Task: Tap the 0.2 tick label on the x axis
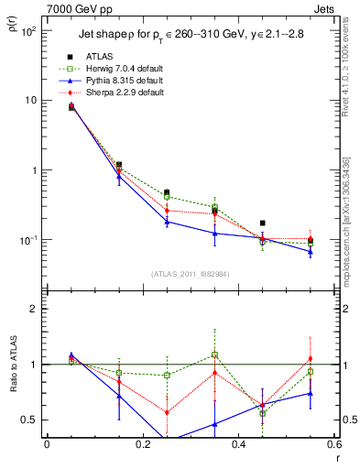142,444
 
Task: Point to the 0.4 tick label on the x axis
238,444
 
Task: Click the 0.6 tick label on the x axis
333,444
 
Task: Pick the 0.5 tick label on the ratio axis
30,420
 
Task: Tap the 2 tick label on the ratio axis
35,309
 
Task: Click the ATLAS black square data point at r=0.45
263,223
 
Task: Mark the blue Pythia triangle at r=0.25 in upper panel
167,222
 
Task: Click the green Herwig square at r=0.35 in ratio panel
214,354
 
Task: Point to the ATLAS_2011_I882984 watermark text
190,274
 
